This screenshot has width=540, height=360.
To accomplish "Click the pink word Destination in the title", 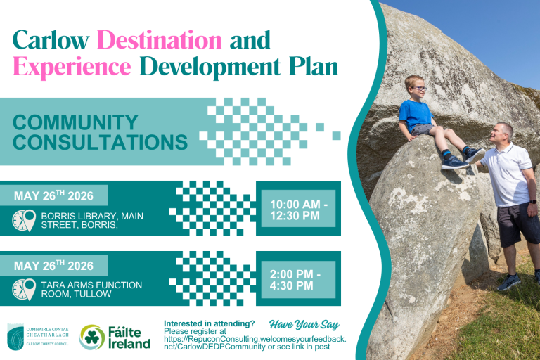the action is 159,40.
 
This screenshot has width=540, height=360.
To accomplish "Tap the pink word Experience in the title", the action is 72,67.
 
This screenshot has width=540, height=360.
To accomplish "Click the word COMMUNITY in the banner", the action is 75,122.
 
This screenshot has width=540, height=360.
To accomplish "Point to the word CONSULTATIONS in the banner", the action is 101,142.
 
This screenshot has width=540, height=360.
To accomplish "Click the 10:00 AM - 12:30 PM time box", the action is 298,209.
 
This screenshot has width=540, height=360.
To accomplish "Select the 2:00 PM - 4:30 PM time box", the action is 298,279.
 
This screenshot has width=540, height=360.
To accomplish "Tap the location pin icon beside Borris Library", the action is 30,220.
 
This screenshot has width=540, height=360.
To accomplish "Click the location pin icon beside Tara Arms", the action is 30,289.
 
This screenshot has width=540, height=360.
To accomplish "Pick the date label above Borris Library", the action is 53,195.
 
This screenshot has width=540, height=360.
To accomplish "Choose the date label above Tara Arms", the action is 53,266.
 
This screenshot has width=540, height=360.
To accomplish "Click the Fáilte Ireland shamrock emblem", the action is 92,337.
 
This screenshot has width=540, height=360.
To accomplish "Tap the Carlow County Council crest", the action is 15,337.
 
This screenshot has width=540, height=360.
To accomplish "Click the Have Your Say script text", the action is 304,325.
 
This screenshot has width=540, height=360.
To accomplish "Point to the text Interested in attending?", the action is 209,323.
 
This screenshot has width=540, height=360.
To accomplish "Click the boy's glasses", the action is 419,88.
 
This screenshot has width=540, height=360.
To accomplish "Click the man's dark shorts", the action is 515,224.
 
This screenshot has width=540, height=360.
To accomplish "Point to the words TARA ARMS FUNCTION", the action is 91,285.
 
